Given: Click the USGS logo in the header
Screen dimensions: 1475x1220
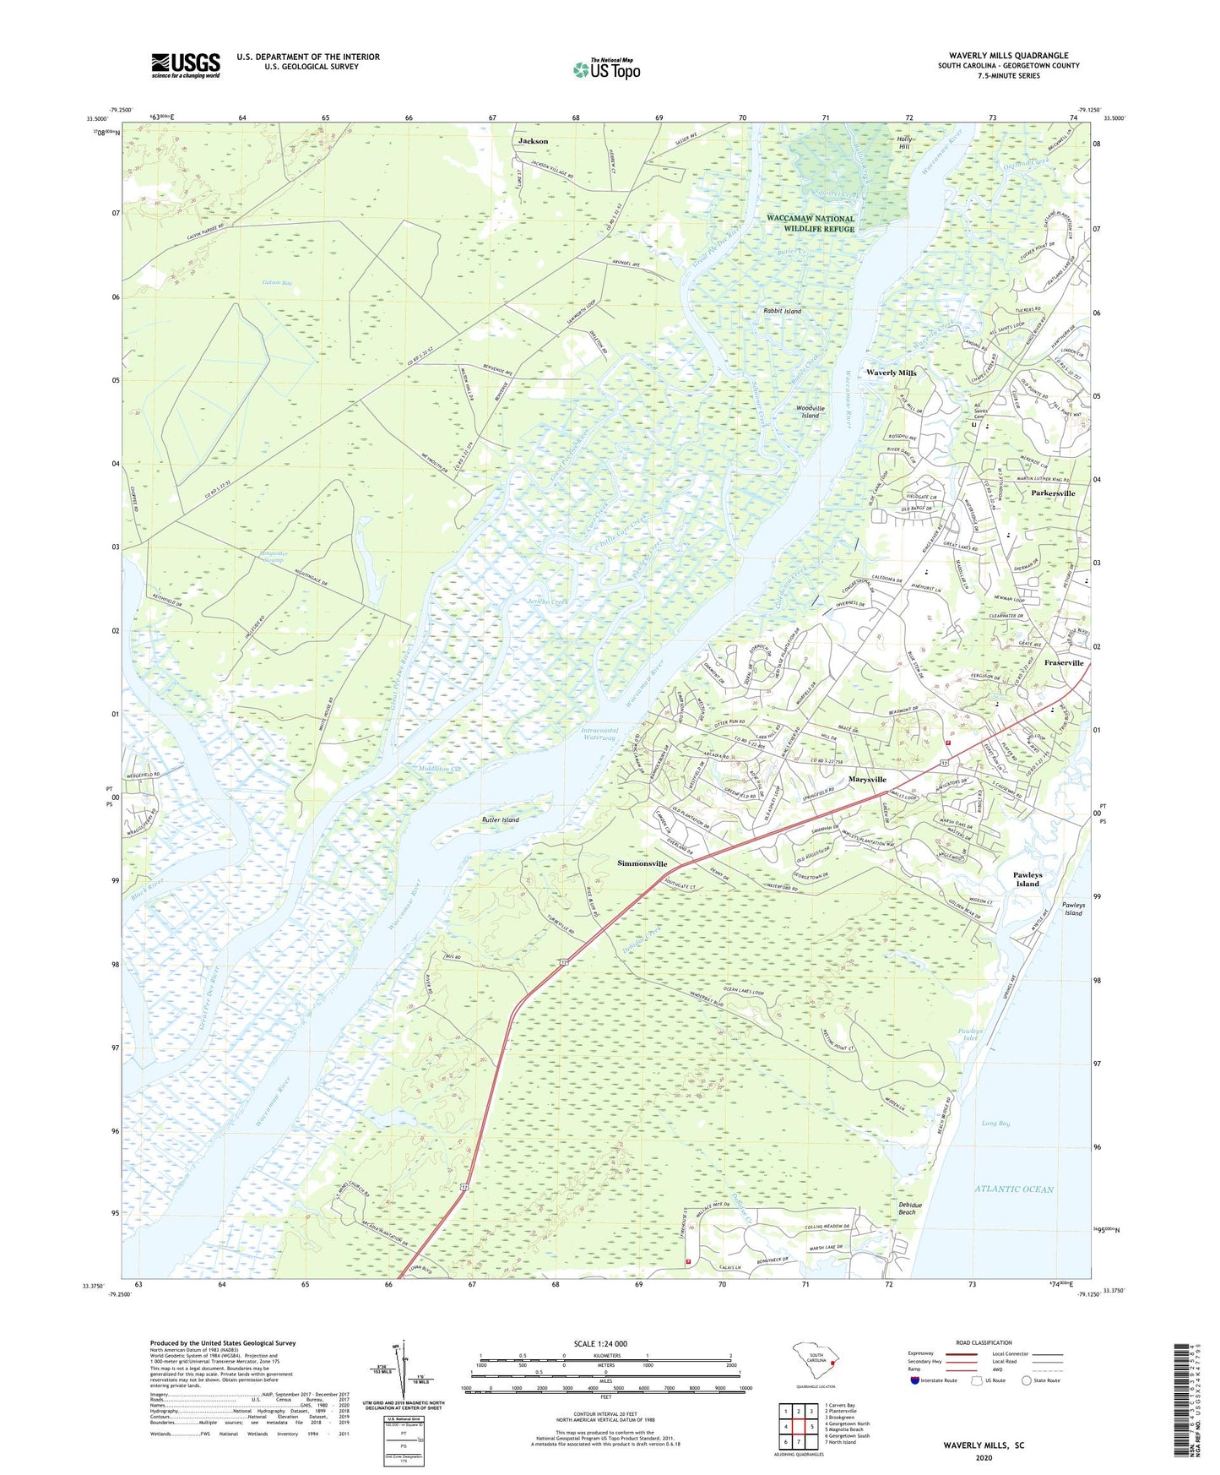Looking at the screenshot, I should click(x=186, y=65).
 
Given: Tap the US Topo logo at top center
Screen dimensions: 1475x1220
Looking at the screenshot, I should click(x=607, y=69).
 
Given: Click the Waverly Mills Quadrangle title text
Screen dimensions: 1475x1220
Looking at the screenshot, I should click(x=1008, y=56).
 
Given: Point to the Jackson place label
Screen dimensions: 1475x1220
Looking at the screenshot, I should click(x=533, y=141).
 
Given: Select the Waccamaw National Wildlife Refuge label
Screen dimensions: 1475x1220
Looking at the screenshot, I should click(x=811, y=223).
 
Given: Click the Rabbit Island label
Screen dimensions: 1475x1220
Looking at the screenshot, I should click(x=782, y=311).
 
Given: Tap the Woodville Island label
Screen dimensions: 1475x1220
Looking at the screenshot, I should click(x=810, y=411).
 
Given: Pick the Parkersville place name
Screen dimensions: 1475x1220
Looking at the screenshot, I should click(x=1053, y=493).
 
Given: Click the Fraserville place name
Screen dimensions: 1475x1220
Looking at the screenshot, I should click(x=1063, y=663).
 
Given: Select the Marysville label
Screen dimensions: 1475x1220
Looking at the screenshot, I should click(x=867, y=779).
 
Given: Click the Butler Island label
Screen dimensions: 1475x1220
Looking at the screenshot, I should click(x=501, y=819).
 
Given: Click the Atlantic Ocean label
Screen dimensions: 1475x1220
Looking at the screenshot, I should click(x=1014, y=1189).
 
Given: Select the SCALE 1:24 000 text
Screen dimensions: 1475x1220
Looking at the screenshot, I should click(x=600, y=1343).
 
